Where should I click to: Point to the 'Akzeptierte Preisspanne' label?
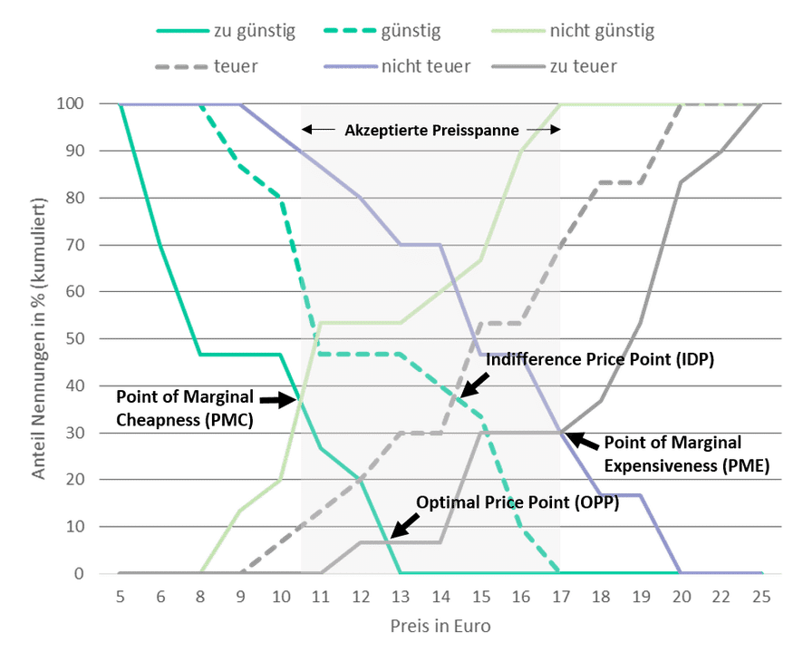431,131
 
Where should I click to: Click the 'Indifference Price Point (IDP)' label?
601,360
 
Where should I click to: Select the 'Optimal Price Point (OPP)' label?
518,502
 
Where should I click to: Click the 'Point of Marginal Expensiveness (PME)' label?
685,454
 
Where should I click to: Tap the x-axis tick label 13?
400,596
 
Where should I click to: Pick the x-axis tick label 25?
759,596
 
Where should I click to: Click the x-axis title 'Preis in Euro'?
440,626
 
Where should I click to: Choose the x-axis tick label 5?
119,596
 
